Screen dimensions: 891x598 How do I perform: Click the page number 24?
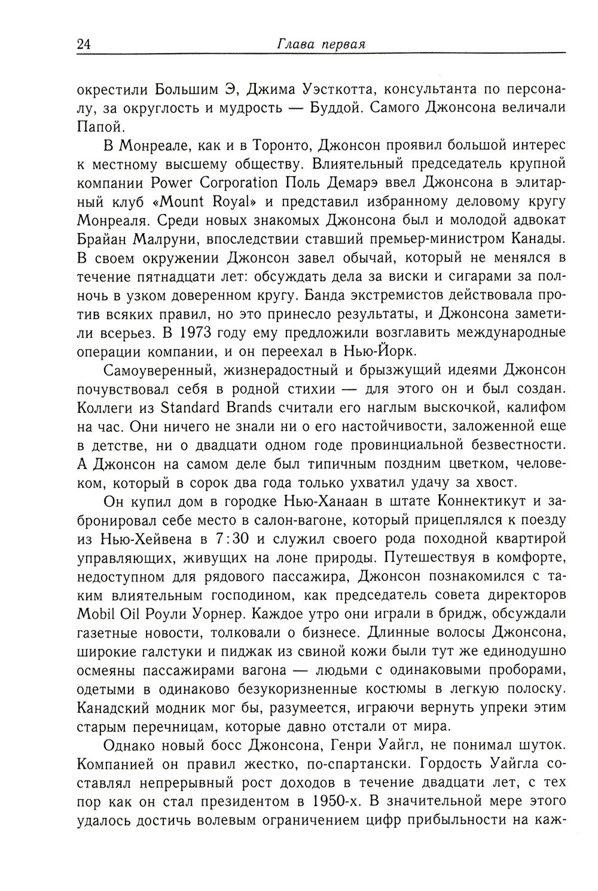point(84,44)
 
